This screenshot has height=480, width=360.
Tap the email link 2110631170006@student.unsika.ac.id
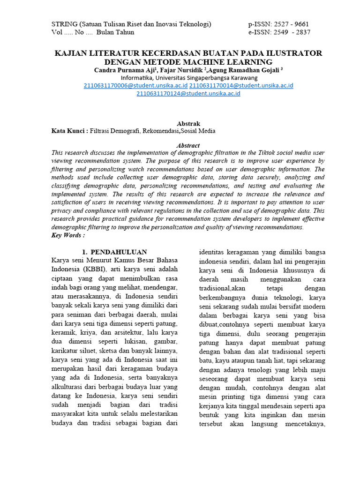coord(135,86)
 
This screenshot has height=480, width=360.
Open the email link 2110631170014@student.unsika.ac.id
coord(241,86)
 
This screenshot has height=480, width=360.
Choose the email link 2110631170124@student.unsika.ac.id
coord(188,94)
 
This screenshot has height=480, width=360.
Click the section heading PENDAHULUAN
coord(119,252)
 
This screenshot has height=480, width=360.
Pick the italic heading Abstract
coord(187,146)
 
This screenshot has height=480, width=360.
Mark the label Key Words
coord(67,235)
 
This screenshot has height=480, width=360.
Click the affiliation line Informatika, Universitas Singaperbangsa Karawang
coord(189,78)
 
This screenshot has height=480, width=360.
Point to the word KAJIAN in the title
coord(71,53)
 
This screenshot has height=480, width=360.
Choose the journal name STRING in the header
coord(64,24)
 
